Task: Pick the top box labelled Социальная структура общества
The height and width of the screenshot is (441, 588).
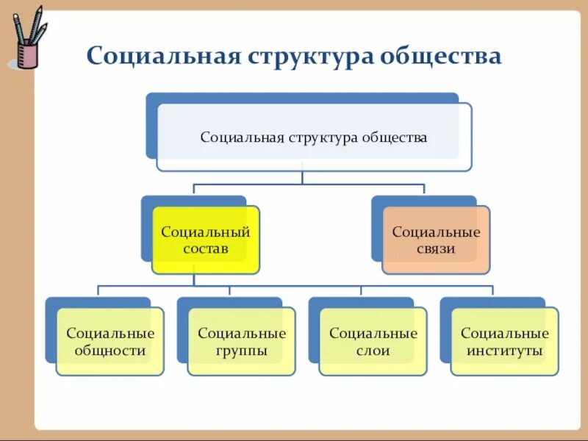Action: coord(314,137)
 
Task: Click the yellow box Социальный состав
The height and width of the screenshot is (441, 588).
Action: coord(205,240)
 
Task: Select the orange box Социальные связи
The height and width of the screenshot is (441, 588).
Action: coord(436,240)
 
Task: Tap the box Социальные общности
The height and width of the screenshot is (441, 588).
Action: coord(110,342)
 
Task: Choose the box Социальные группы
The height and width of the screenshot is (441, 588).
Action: coord(242,342)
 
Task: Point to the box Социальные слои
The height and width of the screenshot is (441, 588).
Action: coord(373,342)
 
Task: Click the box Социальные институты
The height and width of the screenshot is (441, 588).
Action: coord(505,342)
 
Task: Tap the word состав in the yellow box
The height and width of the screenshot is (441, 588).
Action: coord(205,249)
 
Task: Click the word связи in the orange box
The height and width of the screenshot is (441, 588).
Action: coord(436,249)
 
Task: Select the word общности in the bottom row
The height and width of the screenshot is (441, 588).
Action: coord(110,351)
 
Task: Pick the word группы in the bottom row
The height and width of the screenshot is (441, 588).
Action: coord(242,351)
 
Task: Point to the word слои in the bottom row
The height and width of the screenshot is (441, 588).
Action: coord(373,351)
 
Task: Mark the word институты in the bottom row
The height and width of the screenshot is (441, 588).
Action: coord(505,351)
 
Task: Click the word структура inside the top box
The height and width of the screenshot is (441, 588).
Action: coord(323,137)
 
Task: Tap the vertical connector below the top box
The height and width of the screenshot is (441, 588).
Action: coord(301,177)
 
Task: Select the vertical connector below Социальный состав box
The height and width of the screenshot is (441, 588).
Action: coord(193,280)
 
